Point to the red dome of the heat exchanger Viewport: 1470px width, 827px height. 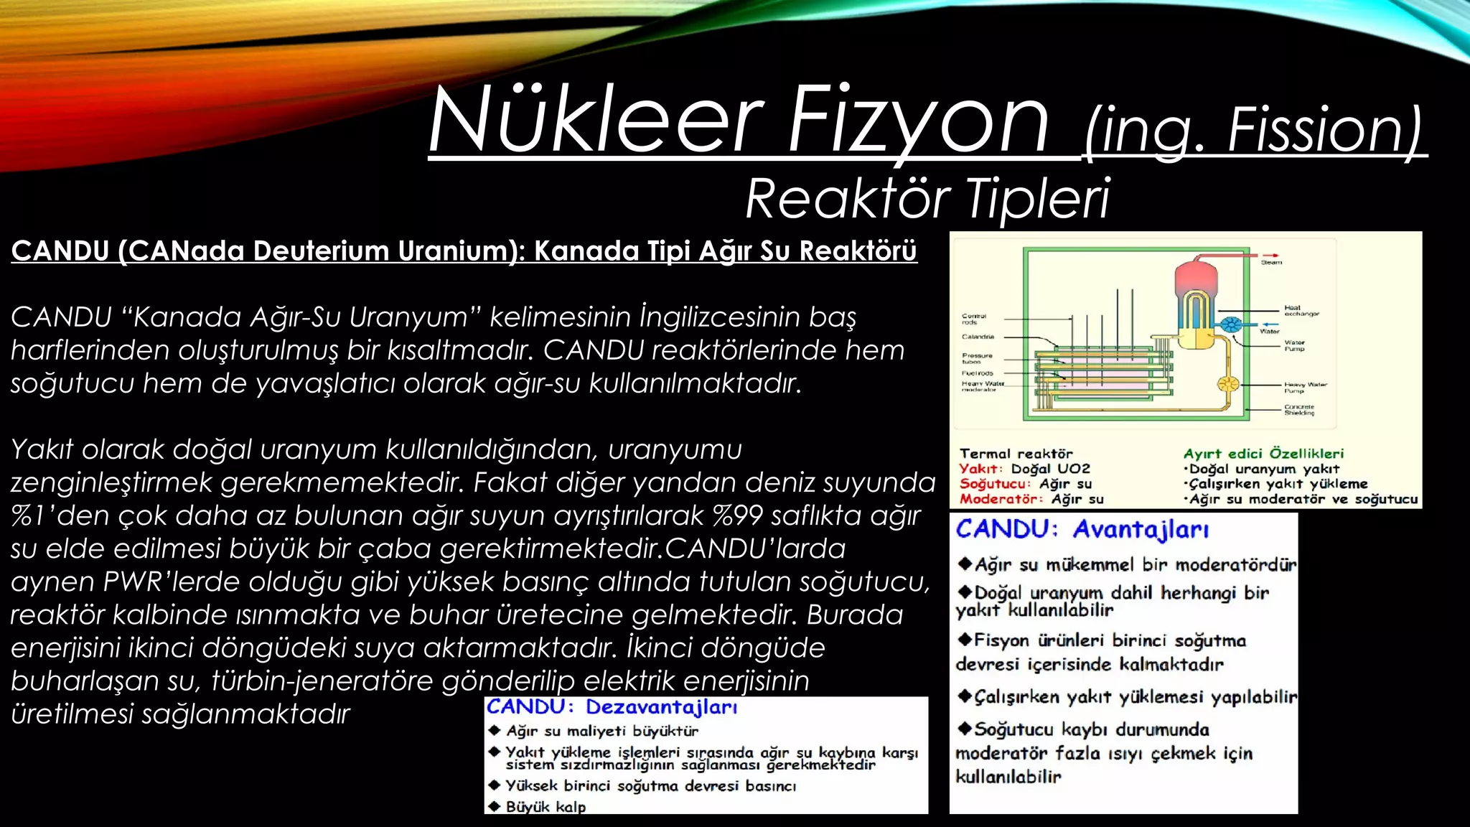pos(1194,275)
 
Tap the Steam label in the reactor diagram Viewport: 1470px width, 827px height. pos(1271,263)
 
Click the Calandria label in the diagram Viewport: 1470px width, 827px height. pos(978,337)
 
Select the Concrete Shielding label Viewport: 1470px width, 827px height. pos(1299,410)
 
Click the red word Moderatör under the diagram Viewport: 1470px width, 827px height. pos(1001,499)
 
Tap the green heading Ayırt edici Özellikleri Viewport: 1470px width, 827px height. pos(1263,454)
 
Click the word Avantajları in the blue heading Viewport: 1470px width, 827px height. pos(1141,530)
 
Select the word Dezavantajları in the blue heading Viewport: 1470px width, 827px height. pos(661,707)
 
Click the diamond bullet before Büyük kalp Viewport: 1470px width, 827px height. pos(494,806)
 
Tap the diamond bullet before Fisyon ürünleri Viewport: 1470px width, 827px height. pos(965,640)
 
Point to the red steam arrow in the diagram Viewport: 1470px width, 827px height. pos(1271,255)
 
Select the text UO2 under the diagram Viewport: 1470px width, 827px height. pos(1074,469)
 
